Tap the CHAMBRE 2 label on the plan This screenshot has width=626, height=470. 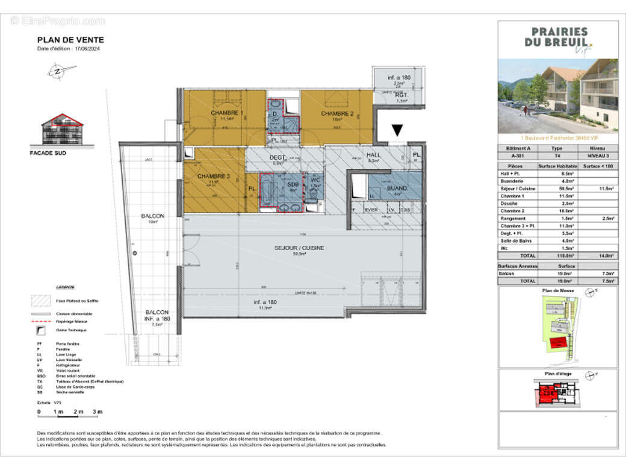pyautogui.click(x=336, y=113)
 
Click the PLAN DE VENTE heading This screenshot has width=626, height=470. pyautogui.click(x=70, y=40)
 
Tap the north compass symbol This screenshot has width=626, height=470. pyautogui.click(x=57, y=71)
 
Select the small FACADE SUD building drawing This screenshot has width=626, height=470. pyautogui.click(x=62, y=130)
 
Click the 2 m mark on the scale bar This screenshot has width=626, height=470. pyautogui.click(x=78, y=412)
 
